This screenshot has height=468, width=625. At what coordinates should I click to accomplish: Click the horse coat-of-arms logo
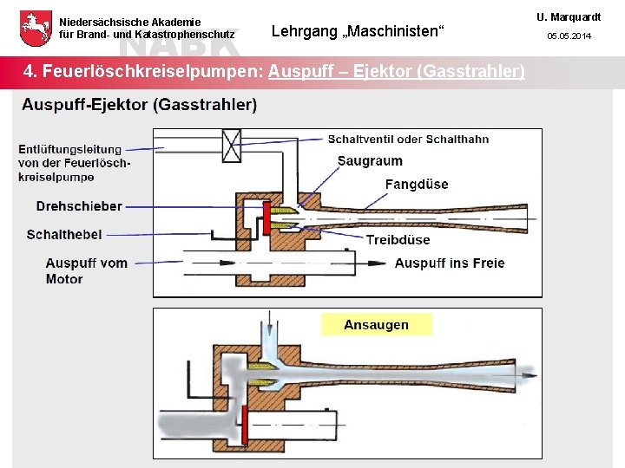[x=34, y=29]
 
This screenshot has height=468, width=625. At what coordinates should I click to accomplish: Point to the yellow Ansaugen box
[x=376, y=325]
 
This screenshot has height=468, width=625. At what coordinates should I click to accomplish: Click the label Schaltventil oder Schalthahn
[x=408, y=139]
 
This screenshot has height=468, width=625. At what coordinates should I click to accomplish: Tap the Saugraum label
[x=370, y=161]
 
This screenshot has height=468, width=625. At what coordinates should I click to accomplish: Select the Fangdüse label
[x=417, y=184]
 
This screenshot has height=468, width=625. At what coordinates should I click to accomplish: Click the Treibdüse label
[x=398, y=240]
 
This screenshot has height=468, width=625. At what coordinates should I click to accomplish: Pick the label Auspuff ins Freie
[x=449, y=263]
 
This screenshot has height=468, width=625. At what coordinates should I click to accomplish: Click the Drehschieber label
[x=79, y=206]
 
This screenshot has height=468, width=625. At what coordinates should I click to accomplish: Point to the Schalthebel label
[x=64, y=234]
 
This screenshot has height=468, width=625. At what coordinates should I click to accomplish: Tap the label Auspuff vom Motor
[x=86, y=270]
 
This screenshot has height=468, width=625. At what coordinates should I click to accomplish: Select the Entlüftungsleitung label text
[x=73, y=163]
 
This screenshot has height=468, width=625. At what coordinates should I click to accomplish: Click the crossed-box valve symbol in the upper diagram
[x=233, y=145]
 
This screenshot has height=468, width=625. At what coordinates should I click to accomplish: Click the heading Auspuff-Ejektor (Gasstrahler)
[x=139, y=105]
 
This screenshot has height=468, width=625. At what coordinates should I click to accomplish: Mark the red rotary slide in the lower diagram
[x=247, y=426]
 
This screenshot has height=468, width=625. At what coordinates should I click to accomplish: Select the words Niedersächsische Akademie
[x=130, y=22]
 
